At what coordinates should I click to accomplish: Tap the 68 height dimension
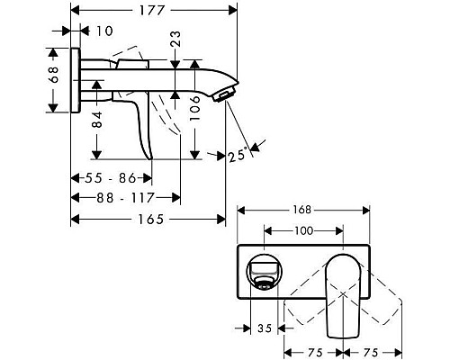click(54, 80)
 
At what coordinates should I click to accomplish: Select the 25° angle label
click(238, 155)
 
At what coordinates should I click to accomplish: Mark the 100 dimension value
click(303, 231)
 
